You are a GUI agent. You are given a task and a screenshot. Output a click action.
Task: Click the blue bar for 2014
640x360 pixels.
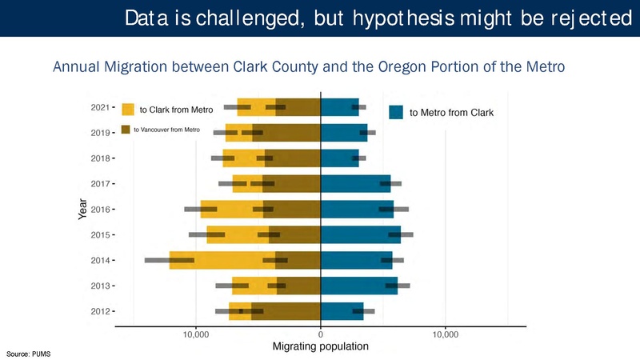356,260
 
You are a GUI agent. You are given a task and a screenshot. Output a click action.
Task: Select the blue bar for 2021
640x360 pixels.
339,106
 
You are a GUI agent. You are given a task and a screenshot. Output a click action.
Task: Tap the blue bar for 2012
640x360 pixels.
342,311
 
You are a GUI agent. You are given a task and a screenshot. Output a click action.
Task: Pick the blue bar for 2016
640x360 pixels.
357,209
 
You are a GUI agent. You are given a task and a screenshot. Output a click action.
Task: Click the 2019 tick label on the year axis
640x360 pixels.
102,133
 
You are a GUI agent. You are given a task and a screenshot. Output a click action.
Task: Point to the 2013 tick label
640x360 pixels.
102,286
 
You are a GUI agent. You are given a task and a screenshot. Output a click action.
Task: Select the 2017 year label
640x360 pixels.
102,184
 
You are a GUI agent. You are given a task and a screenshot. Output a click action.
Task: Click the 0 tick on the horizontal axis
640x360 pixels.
321,334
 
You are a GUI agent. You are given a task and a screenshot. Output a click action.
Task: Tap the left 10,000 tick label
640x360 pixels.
196,334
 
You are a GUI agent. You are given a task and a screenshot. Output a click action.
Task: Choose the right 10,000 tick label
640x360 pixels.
445,334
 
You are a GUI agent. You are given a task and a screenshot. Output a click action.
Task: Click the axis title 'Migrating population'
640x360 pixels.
320,347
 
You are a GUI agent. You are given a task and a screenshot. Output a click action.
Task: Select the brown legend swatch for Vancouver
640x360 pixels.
126,129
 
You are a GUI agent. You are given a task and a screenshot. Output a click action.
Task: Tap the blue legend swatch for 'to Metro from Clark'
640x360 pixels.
396,113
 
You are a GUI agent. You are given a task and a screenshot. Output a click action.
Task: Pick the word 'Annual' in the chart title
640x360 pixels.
78,66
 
